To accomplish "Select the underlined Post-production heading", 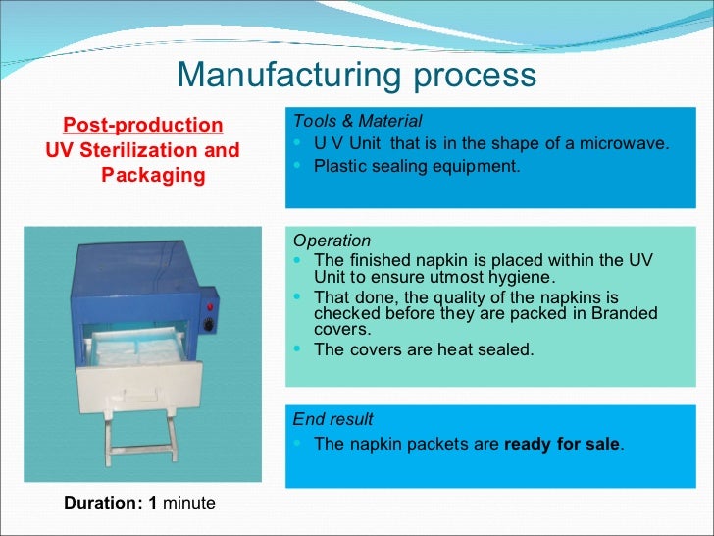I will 143,126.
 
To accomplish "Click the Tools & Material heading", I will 357,122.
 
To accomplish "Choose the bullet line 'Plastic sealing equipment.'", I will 417,166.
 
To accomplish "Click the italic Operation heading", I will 331,241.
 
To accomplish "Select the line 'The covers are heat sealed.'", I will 424,349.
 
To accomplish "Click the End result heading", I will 332,419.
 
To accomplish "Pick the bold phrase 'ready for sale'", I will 561,444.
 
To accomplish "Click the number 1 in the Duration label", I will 152,503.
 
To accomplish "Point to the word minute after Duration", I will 188,503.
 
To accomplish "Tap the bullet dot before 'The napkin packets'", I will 298,444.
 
